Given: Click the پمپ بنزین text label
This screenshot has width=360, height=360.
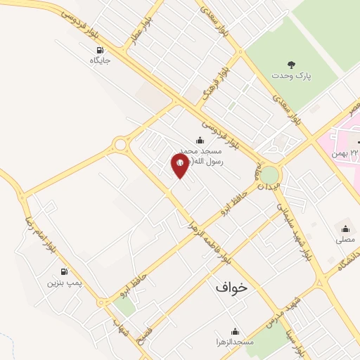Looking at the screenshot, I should tap(65, 283).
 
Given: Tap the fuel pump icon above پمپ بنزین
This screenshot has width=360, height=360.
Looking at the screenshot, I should tap(65, 271).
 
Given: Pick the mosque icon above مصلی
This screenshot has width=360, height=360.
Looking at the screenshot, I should tap(345, 228).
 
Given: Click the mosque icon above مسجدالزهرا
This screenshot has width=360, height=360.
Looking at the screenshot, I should tap(235, 330).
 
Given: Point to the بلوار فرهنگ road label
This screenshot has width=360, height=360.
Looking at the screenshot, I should tap(214, 83).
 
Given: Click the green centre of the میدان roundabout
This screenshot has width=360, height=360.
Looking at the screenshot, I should tap(269, 173).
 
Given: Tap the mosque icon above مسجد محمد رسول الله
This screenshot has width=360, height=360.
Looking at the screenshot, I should tap(200, 140).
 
